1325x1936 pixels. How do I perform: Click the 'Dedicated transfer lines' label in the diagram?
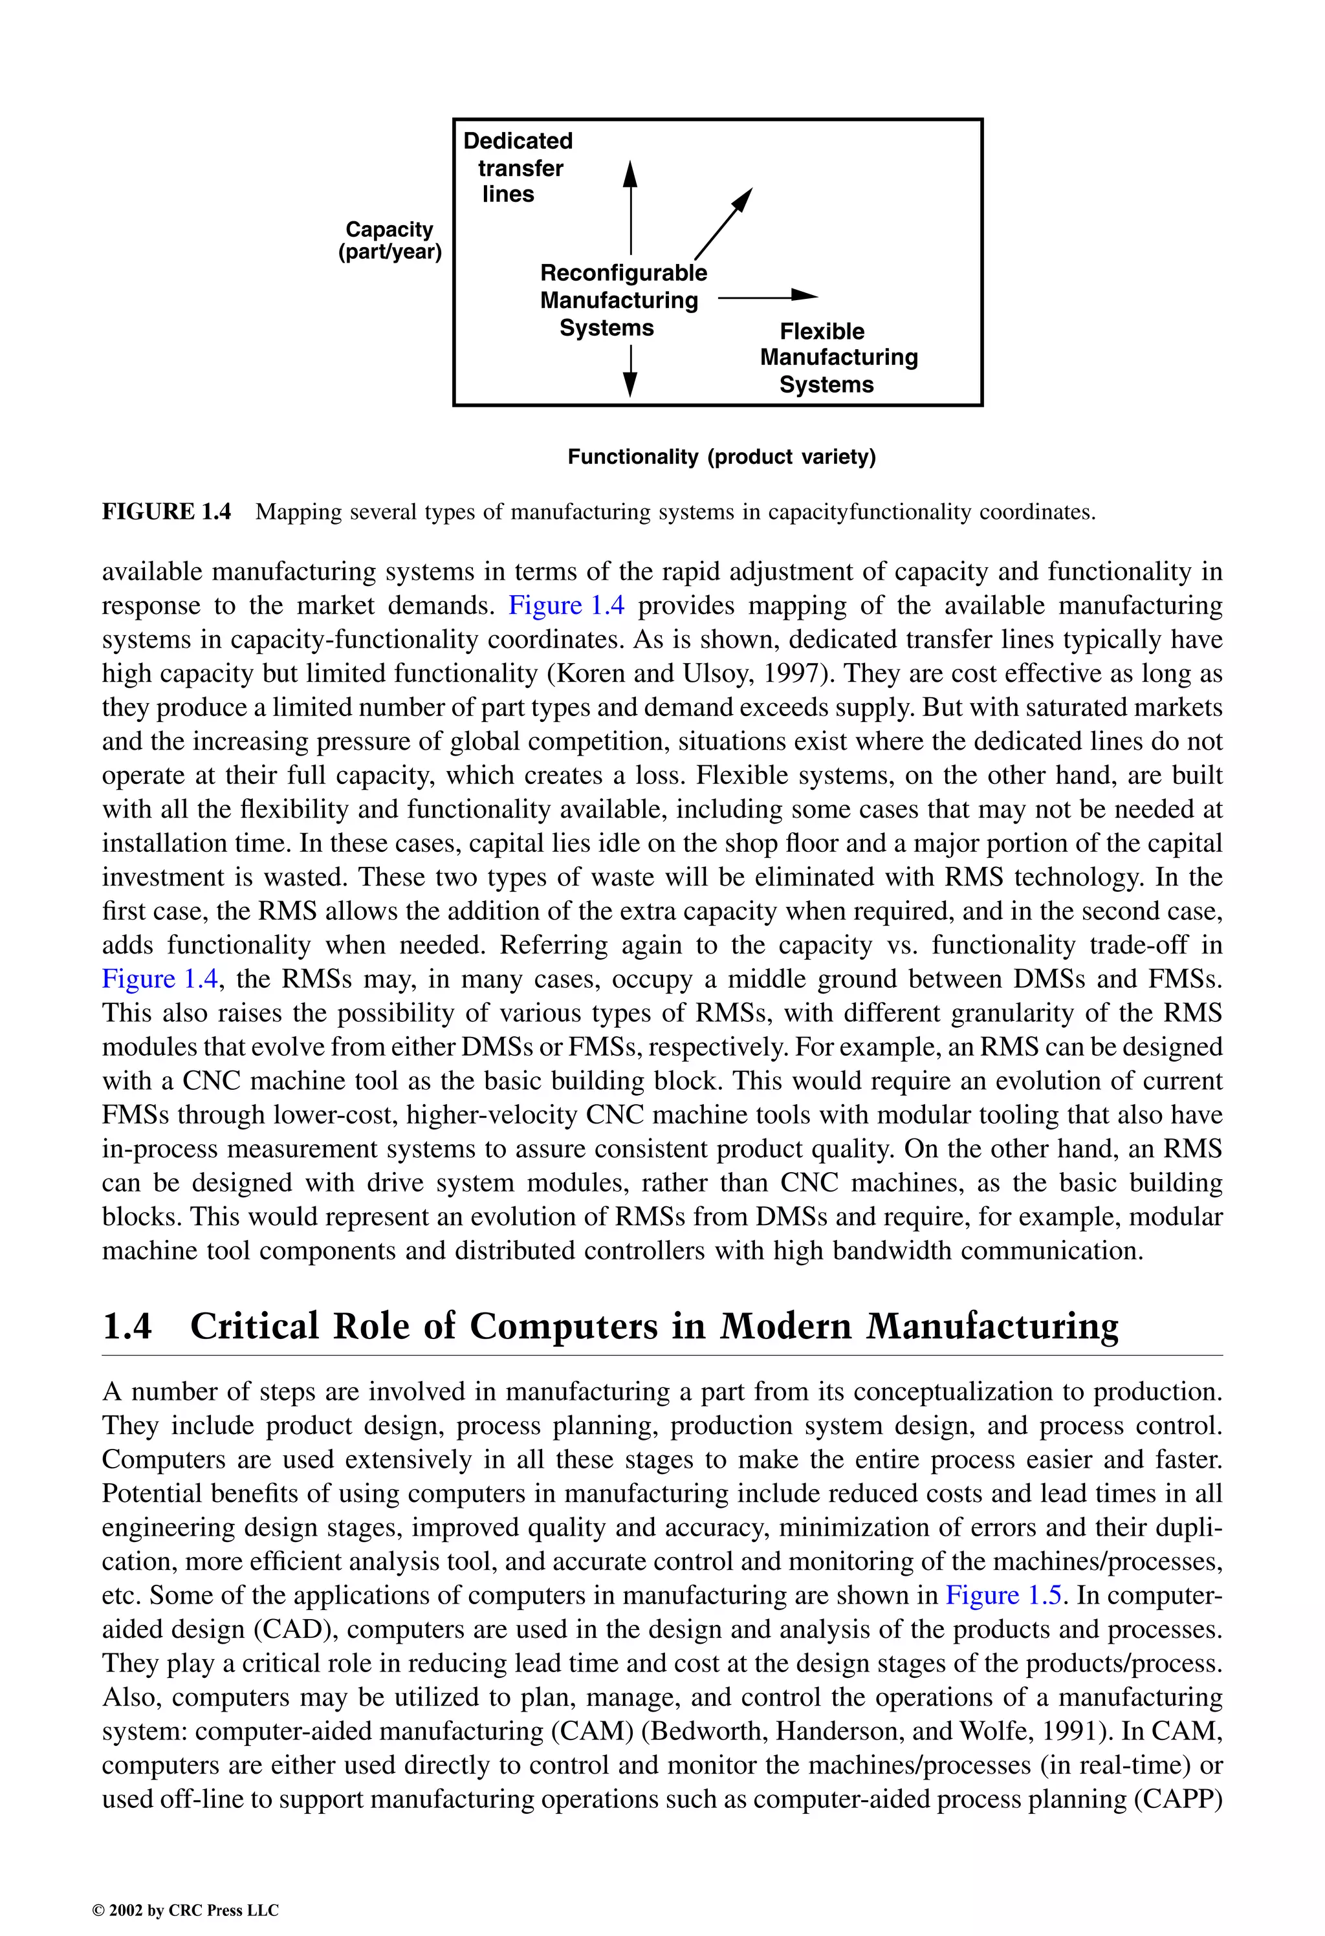click(518, 168)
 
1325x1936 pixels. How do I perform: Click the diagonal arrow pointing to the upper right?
click(723, 223)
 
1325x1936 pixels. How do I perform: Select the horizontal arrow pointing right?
click(767, 295)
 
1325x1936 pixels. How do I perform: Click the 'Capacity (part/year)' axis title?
click(390, 241)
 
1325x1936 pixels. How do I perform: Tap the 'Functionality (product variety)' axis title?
click(721, 457)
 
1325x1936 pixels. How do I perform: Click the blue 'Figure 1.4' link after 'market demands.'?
click(566, 605)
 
